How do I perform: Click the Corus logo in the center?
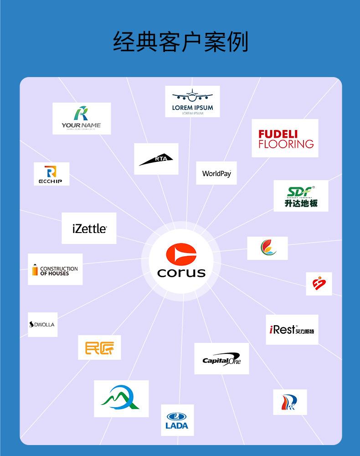coord(181,261)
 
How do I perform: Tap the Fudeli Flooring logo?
coord(285,139)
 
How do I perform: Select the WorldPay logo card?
coord(216,173)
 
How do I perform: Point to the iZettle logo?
coord(89,228)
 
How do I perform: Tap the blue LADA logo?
coord(177,420)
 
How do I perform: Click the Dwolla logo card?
coord(42,325)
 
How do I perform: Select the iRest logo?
coord(292,329)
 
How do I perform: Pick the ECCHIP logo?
coord(51,174)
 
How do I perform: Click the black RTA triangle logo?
coord(156,159)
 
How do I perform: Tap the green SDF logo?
coord(301,196)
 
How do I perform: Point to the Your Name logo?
coord(82,119)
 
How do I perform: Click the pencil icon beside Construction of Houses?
coord(35,270)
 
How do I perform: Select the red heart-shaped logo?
coord(319,284)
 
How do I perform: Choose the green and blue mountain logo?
coord(121,399)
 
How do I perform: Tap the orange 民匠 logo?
coord(99,347)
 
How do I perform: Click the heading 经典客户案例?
coord(180,42)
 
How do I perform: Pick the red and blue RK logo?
coord(290,402)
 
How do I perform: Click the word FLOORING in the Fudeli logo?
coord(286,144)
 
